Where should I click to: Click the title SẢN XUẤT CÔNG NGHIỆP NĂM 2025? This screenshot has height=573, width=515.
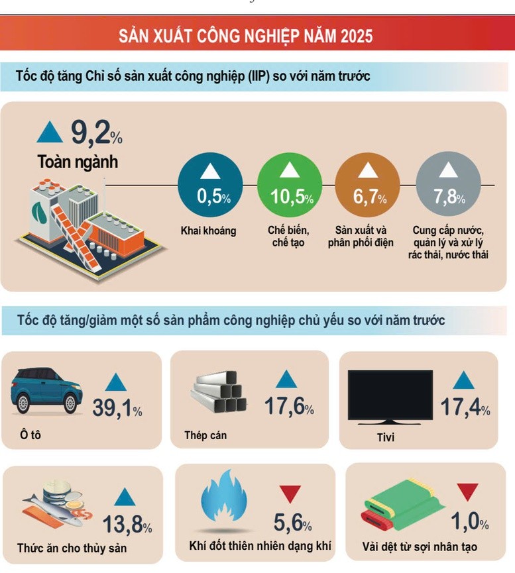point(245,36)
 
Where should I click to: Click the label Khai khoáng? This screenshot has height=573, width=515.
point(208,231)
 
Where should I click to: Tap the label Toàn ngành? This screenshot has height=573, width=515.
point(78,162)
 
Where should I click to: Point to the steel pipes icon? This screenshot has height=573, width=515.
point(219,394)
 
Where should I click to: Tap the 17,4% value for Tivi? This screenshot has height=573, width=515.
point(465,407)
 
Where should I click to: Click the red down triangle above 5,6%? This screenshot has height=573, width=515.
point(290,493)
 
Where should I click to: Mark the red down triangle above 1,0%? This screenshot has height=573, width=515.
point(467,492)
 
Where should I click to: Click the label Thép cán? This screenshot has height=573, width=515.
point(205,435)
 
